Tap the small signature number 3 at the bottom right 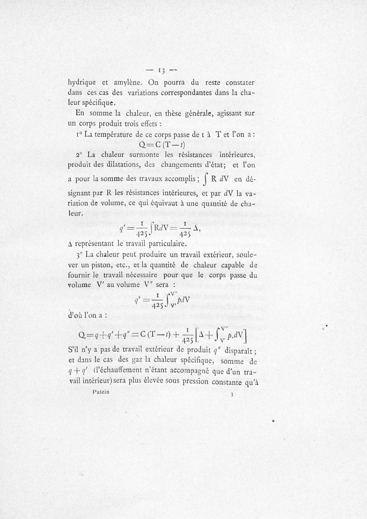[x=233, y=394]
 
